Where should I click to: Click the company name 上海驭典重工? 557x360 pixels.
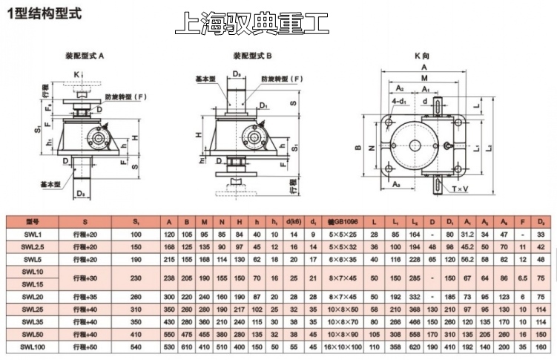tap(251, 23)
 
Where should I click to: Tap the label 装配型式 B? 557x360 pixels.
tap(253, 56)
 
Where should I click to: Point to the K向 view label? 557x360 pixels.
tap(423, 56)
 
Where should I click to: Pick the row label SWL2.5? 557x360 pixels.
tap(32, 246)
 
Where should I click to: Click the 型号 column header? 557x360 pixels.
tap(32, 221)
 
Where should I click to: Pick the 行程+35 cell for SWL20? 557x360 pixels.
tap(85, 296)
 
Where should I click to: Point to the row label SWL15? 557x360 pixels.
tap(32, 284)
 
